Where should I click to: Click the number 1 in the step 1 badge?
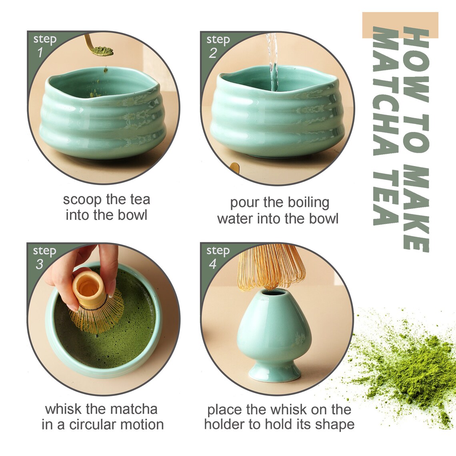click(x=40, y=52)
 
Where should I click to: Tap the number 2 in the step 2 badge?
click(x=213, y=53)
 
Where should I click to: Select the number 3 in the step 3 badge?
click(x=39, y=264)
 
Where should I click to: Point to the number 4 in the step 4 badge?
click(x=213, y=264)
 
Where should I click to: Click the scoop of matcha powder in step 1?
click(x=102, y=51)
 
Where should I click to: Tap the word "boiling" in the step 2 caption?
click(x=308, y=202)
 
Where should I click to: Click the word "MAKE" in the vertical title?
click(x=416, y=208)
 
